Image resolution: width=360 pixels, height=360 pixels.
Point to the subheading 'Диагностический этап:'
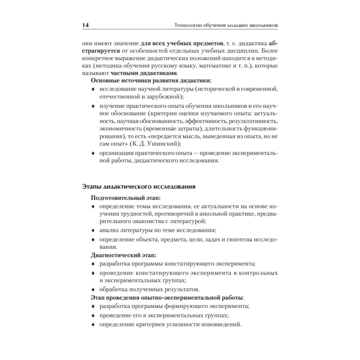123,256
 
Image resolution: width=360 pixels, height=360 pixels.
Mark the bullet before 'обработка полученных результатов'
93,289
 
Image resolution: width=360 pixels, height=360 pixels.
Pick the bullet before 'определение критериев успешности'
93,325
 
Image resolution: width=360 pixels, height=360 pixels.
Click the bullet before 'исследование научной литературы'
93,89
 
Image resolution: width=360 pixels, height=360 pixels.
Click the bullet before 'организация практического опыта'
93,154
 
